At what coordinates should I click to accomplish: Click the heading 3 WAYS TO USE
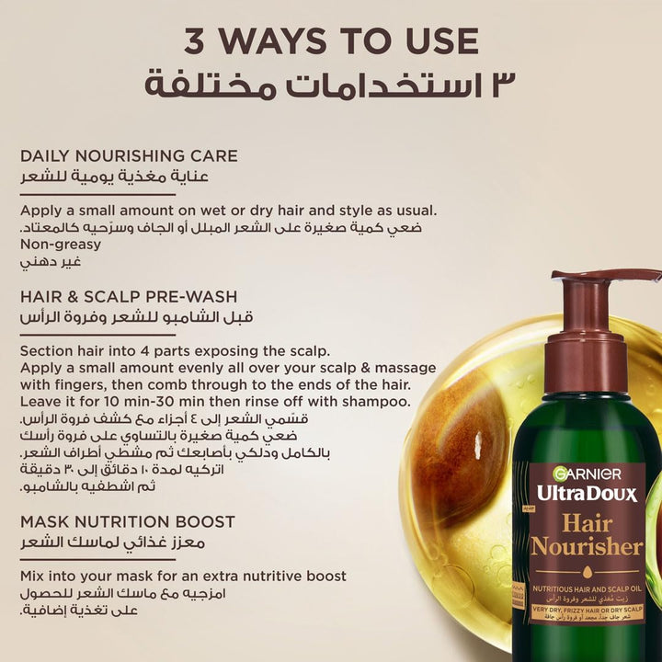tap(331, 41)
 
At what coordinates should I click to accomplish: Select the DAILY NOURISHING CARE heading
tap(129, 156)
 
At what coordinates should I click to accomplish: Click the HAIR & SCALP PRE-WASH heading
tap(129, 297)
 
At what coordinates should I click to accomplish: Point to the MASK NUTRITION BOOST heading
tap(128, 521)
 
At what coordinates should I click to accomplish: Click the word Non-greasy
tap(61, 245)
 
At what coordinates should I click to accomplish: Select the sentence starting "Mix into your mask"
tap(183, 576)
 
